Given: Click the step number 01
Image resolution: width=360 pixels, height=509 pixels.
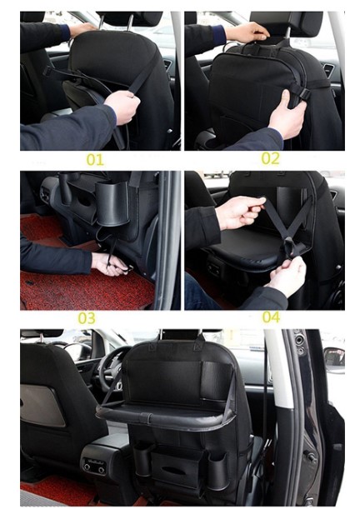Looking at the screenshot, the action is pyautogui.click(x=95, y=160).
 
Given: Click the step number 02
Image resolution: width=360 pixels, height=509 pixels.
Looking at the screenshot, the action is pyautogui.click(x=270, y=158).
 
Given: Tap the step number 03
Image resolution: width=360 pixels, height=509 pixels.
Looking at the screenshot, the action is pyautogui.click(x=87, y=318).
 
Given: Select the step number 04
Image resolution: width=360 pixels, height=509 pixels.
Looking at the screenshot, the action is pyautogui.click(x=271, y=317).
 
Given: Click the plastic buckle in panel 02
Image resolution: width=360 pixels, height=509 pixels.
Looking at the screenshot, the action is pyautogui.click(x=304, y=94).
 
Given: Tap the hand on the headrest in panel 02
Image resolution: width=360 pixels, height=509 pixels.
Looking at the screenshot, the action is pyautogui.click(x=248, y=32).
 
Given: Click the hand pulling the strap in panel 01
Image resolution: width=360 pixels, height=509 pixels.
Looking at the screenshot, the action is pyautogui.click(x=122, y=106).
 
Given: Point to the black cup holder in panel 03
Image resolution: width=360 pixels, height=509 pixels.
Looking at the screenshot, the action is pyautogui.click(x=112, y=203).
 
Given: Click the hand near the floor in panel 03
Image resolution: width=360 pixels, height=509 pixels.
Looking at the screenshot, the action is pyautogui.click(x=109, y=263).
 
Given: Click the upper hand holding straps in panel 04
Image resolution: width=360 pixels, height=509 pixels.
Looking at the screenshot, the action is pyautogui.click(x=239, y=212).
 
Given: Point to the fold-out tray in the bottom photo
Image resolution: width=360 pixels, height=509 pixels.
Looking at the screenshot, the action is pyautogui.click(x=165, y=415).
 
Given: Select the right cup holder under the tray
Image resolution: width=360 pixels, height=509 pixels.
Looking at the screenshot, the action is pyautogui.click(x=217, y=471).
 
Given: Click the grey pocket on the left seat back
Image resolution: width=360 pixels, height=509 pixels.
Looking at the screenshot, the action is pyautogui.click(x=42, y=404).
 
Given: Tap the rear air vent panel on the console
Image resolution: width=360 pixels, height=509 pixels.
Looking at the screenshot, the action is pyautogui.click(x=94, y=466).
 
